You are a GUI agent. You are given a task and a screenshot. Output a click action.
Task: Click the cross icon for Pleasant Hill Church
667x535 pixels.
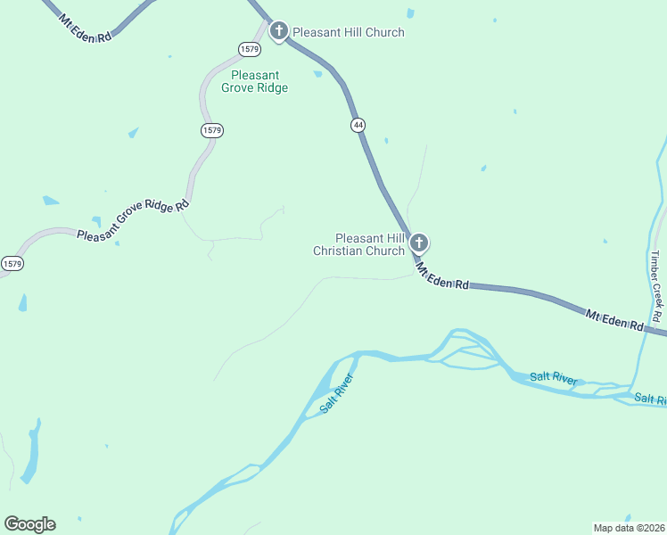278,32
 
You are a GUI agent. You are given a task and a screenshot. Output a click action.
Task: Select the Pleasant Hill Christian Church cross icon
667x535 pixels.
419,242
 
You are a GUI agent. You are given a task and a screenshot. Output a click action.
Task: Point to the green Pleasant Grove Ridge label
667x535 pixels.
259,81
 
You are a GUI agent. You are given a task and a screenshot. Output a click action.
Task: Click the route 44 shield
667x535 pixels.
358,125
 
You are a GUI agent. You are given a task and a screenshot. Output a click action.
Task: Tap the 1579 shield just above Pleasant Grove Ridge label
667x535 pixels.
249,48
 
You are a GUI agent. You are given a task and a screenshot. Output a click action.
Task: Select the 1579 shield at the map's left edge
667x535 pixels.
11,264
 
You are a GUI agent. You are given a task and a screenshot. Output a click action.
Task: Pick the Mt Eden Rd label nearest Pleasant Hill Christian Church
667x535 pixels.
441,275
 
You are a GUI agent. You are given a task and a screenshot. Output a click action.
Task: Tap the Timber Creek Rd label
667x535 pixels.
655,286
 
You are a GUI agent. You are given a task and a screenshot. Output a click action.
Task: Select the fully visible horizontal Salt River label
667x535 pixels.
553,377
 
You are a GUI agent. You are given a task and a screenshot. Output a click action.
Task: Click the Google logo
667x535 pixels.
29,523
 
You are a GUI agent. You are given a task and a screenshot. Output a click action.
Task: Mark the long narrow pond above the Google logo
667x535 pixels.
33,450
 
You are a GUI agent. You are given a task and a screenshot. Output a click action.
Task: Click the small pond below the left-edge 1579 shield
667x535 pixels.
22,302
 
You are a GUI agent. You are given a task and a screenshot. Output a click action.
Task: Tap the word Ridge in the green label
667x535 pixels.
272,87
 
